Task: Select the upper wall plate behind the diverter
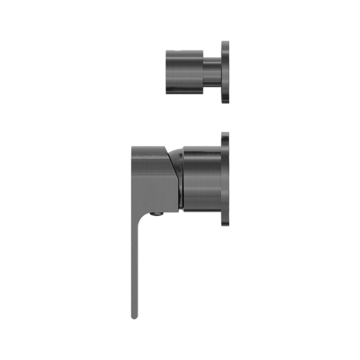click(226, 72)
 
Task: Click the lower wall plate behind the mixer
click(226, 179)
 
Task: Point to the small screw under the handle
click(158, 214)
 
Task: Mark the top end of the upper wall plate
click(226, 42)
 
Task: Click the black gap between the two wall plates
click(226, 118)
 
